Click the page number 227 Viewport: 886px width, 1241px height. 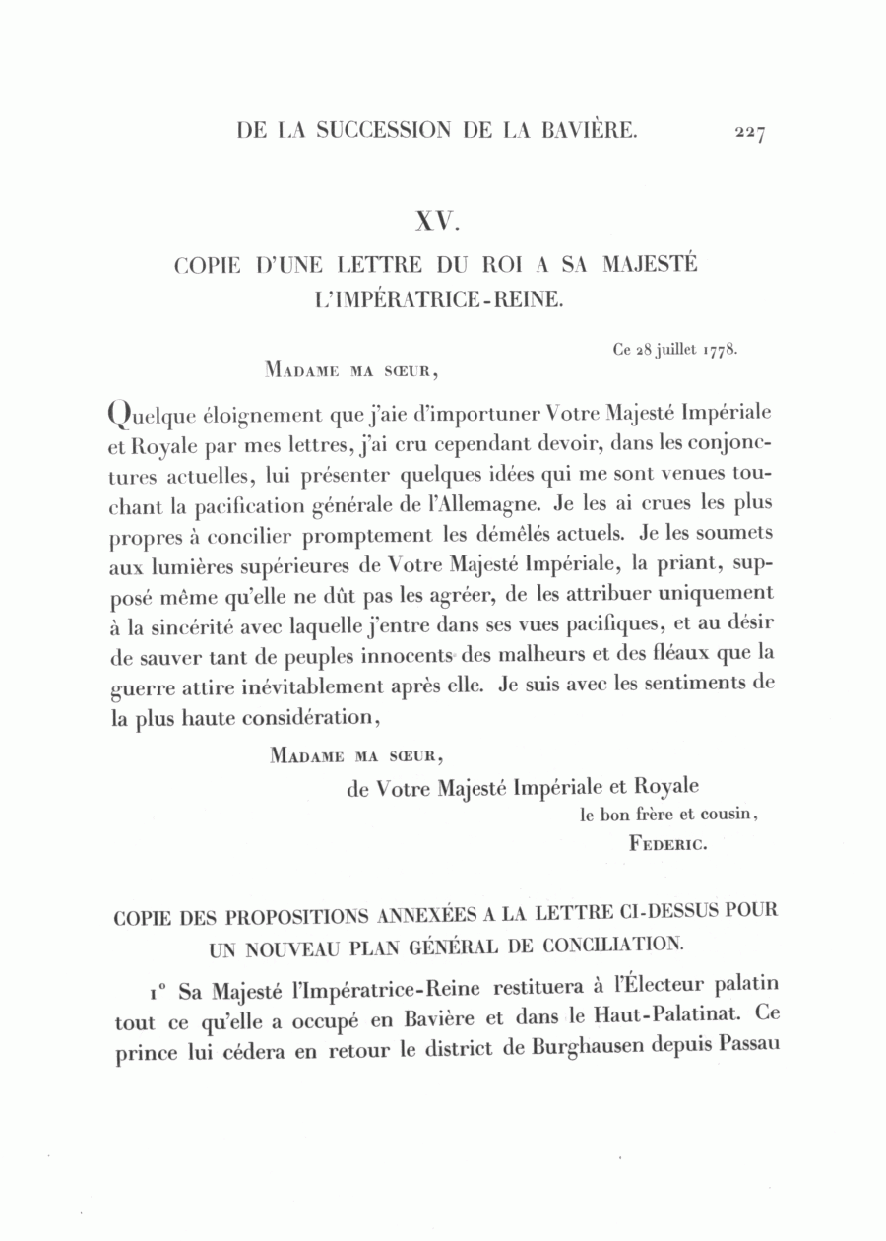tap(748, 133)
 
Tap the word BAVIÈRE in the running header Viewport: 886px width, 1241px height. tap(589, 129)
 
